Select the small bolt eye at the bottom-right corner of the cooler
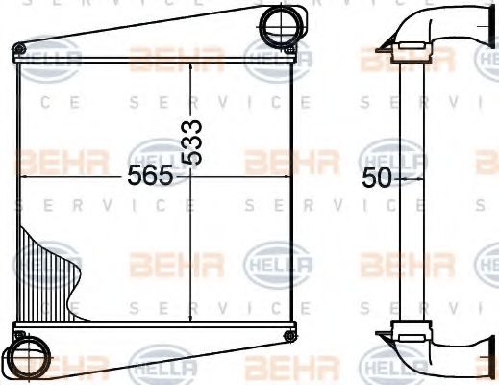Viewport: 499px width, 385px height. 289,335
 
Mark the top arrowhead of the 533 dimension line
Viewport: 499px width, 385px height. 192,64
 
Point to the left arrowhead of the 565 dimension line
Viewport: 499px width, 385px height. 24,178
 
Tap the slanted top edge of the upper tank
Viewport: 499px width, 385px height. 144,29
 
